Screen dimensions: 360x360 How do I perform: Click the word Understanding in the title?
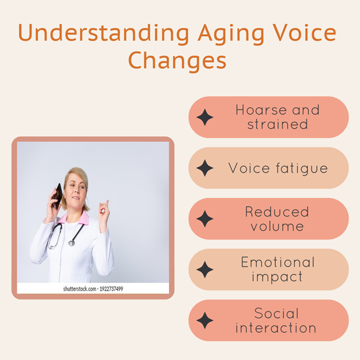point(103,33)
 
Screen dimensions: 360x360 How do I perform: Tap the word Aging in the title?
point(231,33)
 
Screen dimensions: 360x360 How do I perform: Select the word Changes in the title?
point(177,61)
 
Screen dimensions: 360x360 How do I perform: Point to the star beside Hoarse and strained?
point(205,117)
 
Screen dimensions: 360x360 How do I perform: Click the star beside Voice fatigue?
point(205,168)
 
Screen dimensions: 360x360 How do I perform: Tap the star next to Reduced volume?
point(205,219)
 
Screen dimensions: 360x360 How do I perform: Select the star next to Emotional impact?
point(205,269)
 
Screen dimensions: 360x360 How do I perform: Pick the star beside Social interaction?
point(205,320)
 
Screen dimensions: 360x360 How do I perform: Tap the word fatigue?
point(302,168)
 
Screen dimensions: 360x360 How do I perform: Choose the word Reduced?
point(277,212)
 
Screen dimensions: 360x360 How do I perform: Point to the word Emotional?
point(278,262)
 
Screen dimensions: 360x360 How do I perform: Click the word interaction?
point(276,328)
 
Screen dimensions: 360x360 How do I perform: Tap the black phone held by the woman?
point(57,196)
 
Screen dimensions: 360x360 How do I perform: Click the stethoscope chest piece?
point(72,243)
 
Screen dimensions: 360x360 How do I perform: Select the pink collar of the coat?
point(73,218)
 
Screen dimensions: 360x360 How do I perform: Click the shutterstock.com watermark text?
point(80,289)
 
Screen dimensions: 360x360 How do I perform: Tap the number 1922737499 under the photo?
point(111,289)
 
